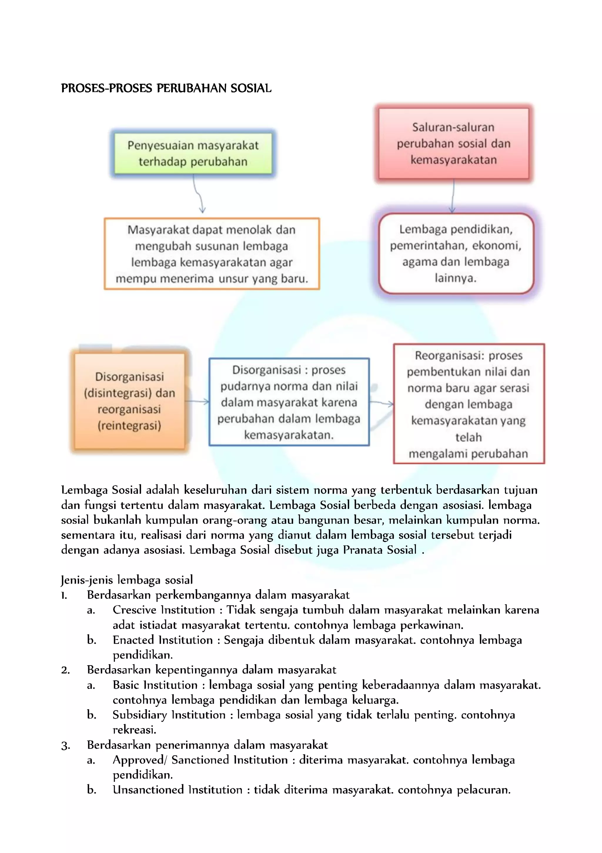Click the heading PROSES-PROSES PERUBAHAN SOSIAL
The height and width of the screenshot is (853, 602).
166,89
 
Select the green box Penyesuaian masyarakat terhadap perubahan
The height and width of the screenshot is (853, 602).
193,153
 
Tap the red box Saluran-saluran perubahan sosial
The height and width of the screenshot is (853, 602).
454,144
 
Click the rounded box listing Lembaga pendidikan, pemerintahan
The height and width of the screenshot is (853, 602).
456,253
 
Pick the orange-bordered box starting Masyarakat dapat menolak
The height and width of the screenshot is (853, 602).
212,254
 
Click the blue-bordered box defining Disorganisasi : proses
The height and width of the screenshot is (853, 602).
289,402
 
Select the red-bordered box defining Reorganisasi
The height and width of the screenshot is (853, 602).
468,404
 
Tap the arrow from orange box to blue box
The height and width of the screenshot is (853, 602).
197,401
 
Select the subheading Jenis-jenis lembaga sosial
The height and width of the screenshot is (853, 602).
127,580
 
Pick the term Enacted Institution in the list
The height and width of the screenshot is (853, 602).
163,640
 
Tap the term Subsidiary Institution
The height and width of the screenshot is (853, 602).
169,715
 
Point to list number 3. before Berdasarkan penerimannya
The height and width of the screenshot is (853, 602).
65,746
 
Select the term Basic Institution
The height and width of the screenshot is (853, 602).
155,685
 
